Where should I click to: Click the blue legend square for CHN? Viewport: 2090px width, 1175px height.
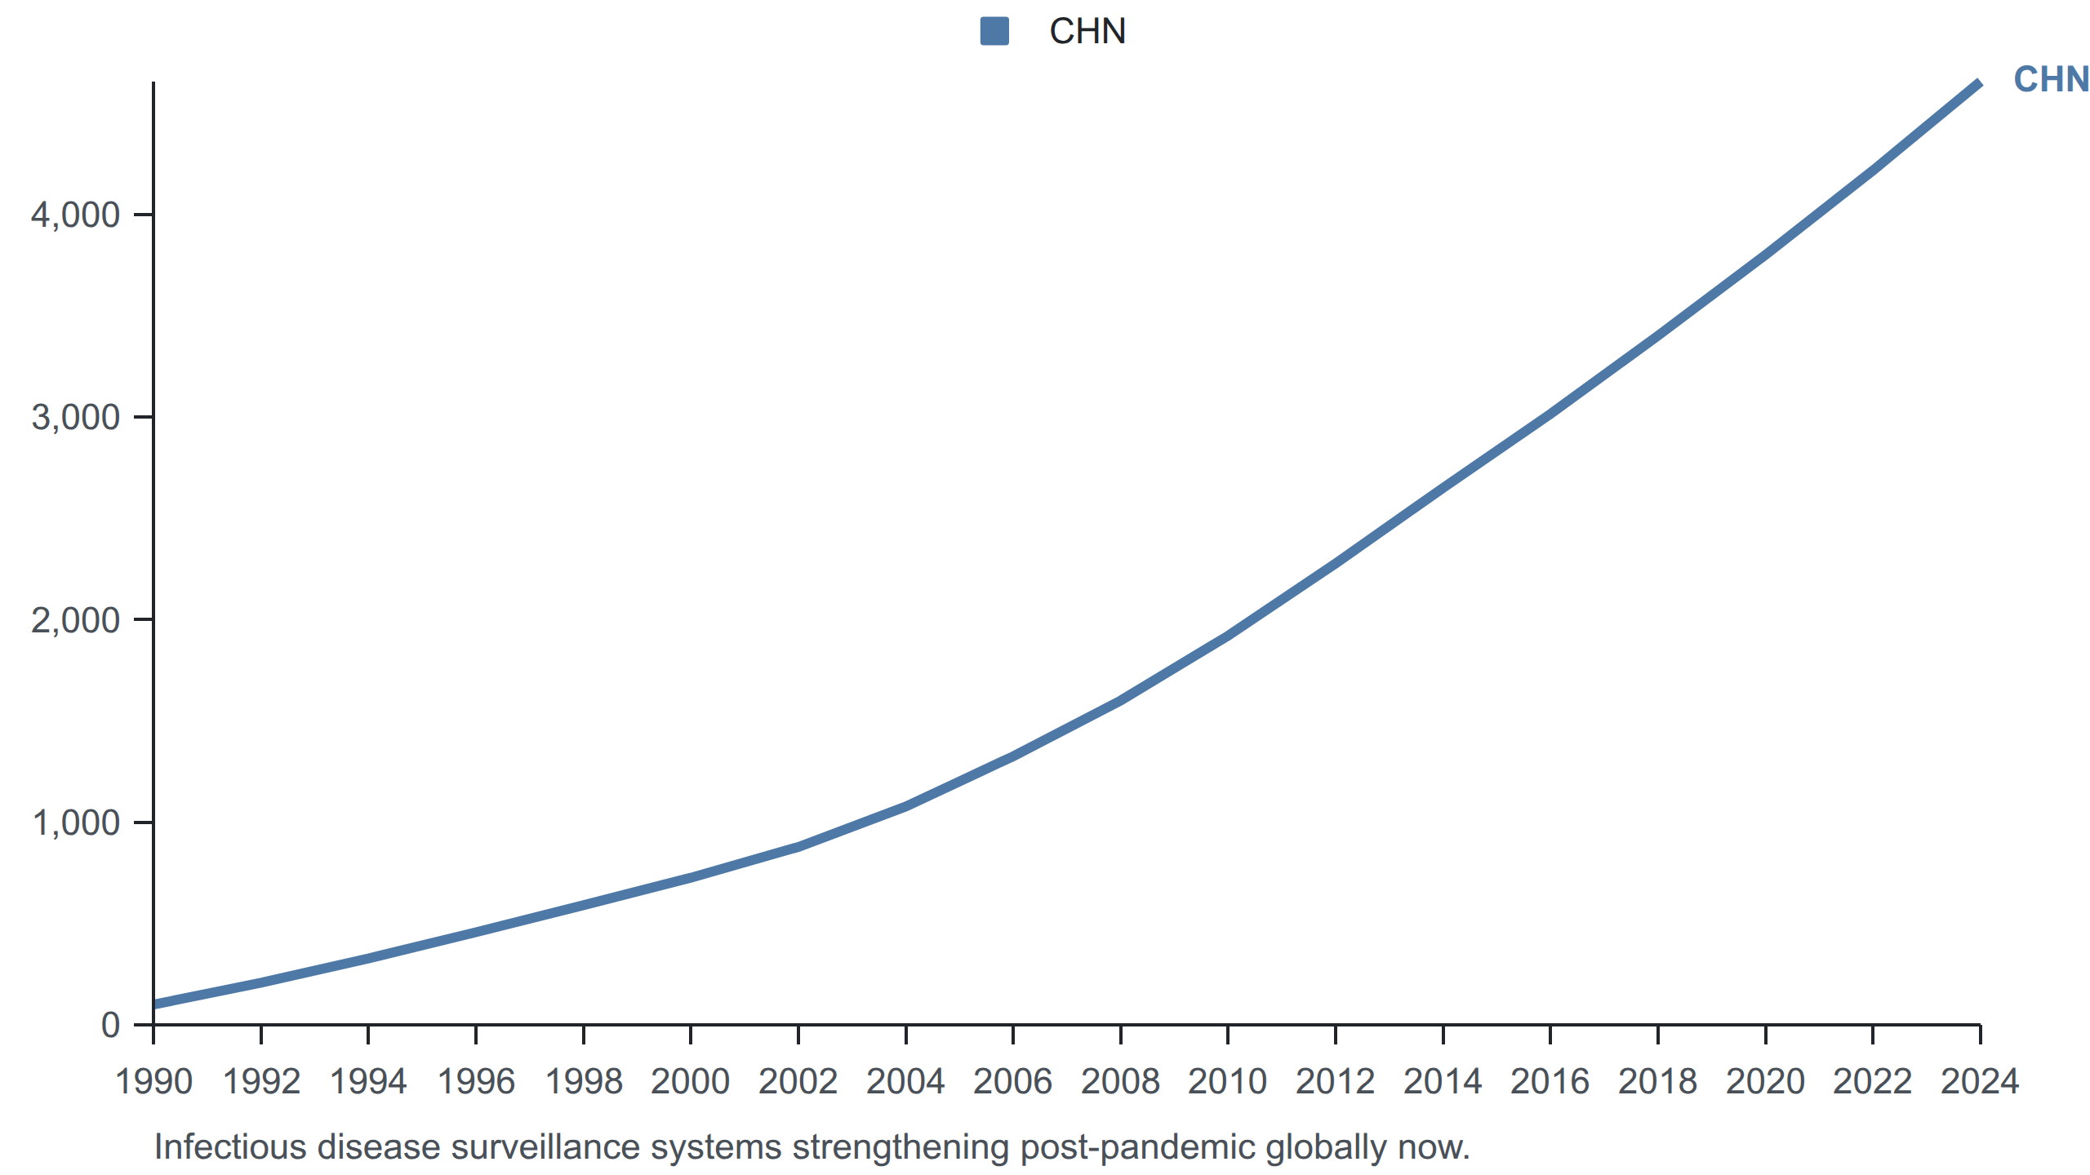994,32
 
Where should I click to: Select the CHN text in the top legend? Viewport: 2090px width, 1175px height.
1087,32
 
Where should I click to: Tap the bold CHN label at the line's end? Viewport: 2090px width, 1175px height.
2051,80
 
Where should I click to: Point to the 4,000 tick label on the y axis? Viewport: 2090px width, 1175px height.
75,215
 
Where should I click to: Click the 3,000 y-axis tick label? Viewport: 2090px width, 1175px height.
75,418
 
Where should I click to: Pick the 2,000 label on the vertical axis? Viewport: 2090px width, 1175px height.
75,621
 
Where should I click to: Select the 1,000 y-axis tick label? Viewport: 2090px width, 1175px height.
75,823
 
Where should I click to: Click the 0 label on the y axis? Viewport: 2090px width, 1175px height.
110,1025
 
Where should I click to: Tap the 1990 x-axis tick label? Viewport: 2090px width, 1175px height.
153,1082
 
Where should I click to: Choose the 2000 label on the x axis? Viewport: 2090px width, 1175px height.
691,1082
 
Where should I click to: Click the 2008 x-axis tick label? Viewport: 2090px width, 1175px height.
1120,1082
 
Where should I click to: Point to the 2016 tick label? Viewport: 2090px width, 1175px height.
1550,1082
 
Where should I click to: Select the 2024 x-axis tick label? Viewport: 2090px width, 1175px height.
1980,1082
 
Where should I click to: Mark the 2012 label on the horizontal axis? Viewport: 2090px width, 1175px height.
1335,1082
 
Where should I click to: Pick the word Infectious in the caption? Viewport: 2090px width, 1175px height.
231,1147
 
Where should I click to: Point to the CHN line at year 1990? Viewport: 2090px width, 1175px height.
154,1004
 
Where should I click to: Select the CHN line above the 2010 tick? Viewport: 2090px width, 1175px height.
1228,636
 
